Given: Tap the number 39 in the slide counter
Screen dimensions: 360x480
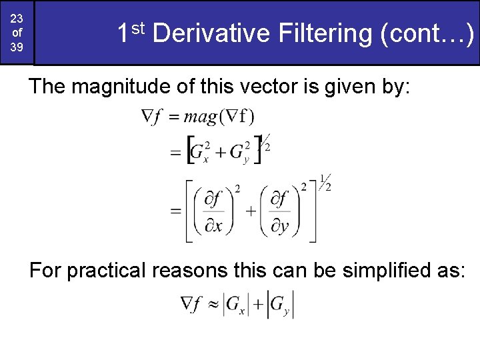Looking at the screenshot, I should [17, 48].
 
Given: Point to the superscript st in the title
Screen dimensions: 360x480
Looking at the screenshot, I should [139, 27].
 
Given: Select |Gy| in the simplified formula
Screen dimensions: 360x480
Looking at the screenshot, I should [280, 305].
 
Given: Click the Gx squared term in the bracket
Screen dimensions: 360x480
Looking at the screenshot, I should [201, 152].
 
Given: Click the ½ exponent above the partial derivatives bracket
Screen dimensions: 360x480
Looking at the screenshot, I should [325, 181].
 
